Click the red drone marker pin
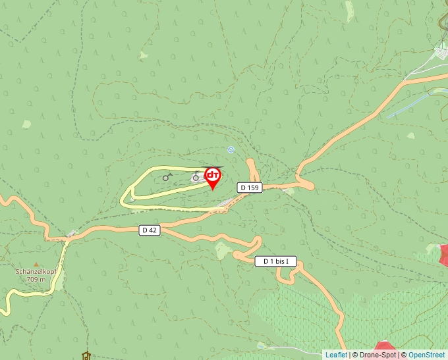[213, 177]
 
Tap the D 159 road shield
[250, 188]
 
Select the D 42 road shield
[150, 230]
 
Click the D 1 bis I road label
[275, 261]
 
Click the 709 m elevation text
[36, 279]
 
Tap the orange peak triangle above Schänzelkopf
[36, 264]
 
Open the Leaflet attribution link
[336, 355]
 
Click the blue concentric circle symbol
[231, 149]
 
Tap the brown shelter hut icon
[85, 356]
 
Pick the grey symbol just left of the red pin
[196, 176]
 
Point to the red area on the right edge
[444, 255]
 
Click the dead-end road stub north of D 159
[251, 165]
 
